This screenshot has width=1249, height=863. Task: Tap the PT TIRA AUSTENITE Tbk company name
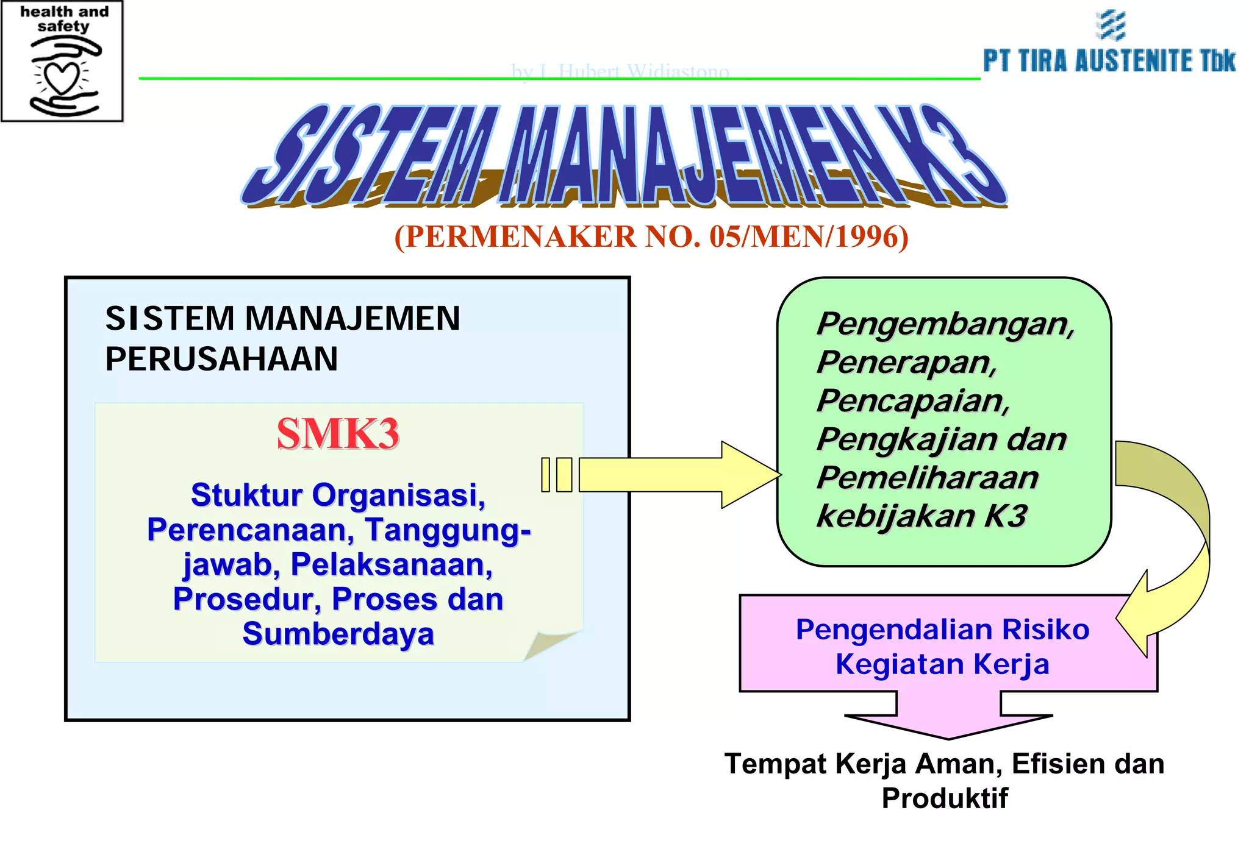pyautogui.click(x=1109, y=61)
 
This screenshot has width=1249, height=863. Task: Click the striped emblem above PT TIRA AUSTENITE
pyautogui.click(x=1111, y=26)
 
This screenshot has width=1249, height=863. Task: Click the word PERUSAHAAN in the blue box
pyautogui.click(x=221, y=358)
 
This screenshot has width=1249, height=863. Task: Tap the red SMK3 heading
pyautogui.click(x=338, y=434)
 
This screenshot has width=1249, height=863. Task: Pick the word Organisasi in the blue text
pyautogui.click(x=398, y=495)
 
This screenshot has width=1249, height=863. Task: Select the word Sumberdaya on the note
pyautogui.click(x=338, y=634)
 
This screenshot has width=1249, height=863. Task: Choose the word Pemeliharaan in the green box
pyautogui.click(x=927, y=477)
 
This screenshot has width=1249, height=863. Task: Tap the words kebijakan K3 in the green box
pyautogui.click(x=922, y=516)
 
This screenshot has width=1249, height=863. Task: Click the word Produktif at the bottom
pyautogui.click(x=944, y=798)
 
